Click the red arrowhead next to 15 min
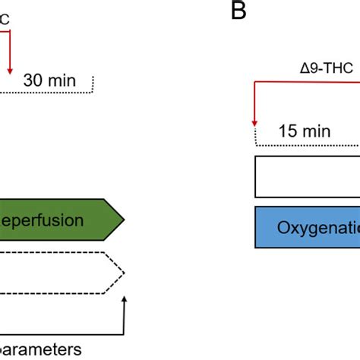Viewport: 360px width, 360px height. (254, 123)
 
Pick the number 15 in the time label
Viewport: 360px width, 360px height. (288, 131)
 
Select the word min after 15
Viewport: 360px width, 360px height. (316, 131)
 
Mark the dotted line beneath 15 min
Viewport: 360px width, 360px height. (304, 144)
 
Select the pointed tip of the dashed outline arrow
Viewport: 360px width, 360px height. (125, 273)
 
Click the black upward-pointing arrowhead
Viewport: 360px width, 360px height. (123, 301)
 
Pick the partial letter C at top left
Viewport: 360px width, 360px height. (5, 23)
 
